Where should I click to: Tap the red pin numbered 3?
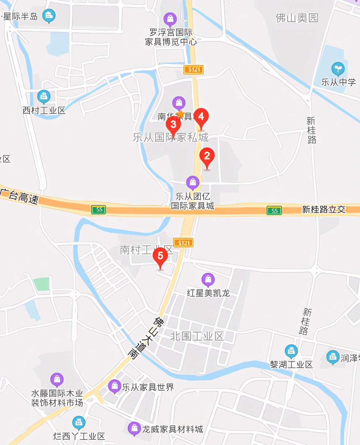(x=173, y=124)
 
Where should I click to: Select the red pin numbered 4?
(x=201, y=117)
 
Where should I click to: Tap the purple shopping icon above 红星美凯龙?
(x=208, y=280)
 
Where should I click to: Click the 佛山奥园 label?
(x=297, y=18)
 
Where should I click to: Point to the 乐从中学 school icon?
(x=338, y=69)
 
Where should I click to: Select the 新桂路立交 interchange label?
(x=323, y=210)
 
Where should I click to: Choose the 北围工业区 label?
(x=197, y=336)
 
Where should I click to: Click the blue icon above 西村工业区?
(x=44, y=97)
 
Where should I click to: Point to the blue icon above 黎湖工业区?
(x=291, y=351)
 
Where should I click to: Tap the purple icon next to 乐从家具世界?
(x=115, y=386)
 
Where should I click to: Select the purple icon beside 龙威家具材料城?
(x=134, y=428)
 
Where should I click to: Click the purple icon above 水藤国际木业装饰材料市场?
(x=57, y=380)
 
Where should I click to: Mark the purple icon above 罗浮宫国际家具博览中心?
(x=170, y=19)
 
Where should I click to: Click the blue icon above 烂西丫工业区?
(x=78, y=422)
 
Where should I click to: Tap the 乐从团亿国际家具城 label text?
(x=193, y=201)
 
